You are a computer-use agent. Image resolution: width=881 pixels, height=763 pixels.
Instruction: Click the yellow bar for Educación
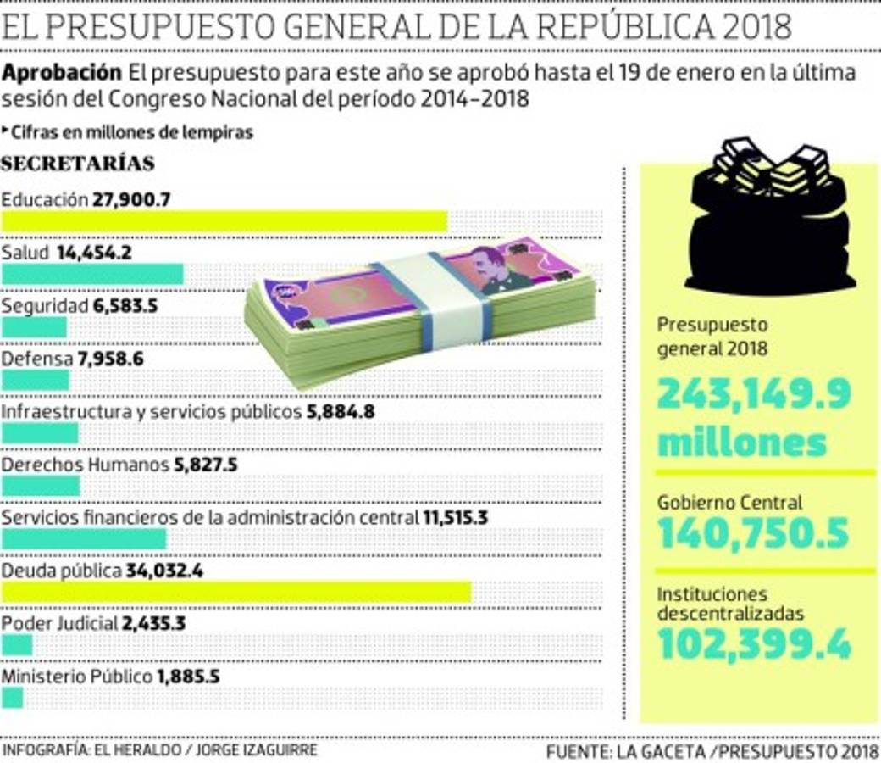[224, 221]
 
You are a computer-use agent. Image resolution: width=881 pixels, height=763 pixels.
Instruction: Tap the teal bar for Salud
[92, 274]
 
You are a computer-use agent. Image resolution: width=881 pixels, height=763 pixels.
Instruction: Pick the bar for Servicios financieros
[84, 538]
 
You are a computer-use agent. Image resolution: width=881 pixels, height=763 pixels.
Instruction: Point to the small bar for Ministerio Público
[13, 698]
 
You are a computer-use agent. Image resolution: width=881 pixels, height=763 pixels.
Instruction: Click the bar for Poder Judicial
[17, 645]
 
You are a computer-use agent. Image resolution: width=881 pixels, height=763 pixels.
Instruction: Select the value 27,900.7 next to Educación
[132, 200]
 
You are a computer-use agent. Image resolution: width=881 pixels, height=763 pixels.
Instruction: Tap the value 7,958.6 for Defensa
[110, 359]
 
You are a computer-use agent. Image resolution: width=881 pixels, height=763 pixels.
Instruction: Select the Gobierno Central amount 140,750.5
[753, 534]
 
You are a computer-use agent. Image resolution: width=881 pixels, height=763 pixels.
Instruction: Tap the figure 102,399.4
[754, 645]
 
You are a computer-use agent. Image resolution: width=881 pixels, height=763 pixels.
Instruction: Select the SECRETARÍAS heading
[78, 163]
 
